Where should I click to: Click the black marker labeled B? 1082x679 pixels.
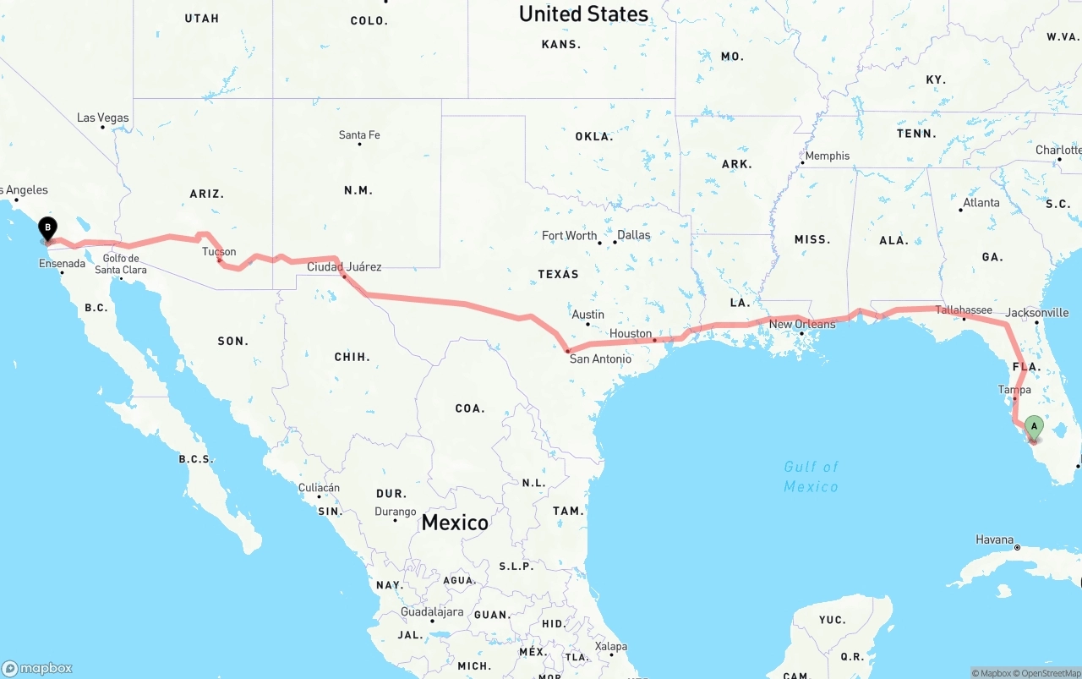[x=48, y=227]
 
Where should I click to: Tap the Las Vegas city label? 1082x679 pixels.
[x=103, y=118]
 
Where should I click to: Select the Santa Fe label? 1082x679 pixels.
[x=359, y=134]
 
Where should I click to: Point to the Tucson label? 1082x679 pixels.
[x=219, y=251]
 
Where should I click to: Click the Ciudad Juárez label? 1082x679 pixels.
[x=344, y=266]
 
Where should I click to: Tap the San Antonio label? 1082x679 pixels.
[x=600, y=359]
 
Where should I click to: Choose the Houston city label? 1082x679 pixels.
[x=631, y=333]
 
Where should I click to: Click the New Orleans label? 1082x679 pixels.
[x=802, y=324]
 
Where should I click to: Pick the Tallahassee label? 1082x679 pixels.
[x=964, y=309]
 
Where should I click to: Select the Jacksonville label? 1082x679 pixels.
[x=1038, y=312]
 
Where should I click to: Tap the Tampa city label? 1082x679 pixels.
[x=1014, y=389]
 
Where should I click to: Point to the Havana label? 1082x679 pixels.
[x=994, y=539]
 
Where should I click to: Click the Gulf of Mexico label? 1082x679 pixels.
[x=811, y=476]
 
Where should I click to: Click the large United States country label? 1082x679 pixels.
[x=583, y=14]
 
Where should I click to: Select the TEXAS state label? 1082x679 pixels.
[x=558, y=274]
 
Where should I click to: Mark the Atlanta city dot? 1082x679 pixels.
[x=961, y=210]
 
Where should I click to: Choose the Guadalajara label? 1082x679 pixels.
[x=431, y=611]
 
